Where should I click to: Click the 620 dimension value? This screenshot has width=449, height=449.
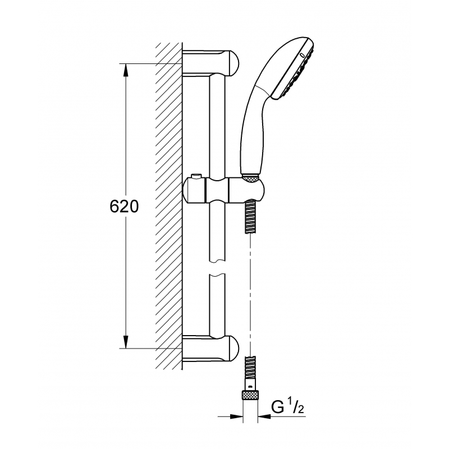click(x=124, y=206)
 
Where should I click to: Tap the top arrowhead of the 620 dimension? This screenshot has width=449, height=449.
click(x=125, y=68)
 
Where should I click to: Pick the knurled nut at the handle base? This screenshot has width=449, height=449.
click(x=251, y=178)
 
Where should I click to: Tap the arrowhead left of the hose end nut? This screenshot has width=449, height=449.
click(x=239, y=417)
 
